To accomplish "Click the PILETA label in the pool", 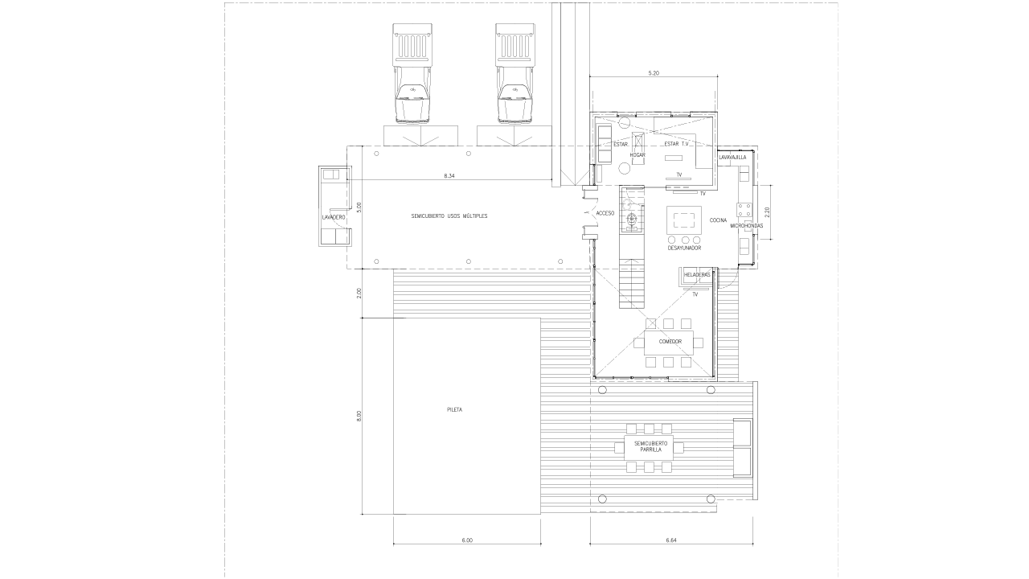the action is tap(454, 409).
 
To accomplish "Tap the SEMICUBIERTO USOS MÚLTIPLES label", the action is tap(449, 216).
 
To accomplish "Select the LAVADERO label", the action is tap(334, 217).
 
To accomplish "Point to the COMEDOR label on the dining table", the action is tap(670, 342).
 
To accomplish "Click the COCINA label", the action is tap(718, 220).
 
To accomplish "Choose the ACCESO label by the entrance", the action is tap(605, 213).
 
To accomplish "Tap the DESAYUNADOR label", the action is tap(684, 248).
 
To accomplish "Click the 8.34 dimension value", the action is tap(449, 175).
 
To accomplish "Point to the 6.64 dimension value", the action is tap(671, 540).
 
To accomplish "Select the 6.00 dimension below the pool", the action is tap(467, 540).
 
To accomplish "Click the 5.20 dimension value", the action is tap(654, 73).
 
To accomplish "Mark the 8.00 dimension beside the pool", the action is tap(359, 416).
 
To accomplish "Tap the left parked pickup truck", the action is tap(412, 74).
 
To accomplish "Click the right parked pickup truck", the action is tap(515, 74).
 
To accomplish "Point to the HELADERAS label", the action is tap(697, 275).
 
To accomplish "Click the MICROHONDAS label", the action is tap(747, 226).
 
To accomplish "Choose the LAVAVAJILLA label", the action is tap(732, 157).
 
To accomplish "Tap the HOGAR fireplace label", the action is tap(637, 155).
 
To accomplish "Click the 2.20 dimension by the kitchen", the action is tap(767, 212).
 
